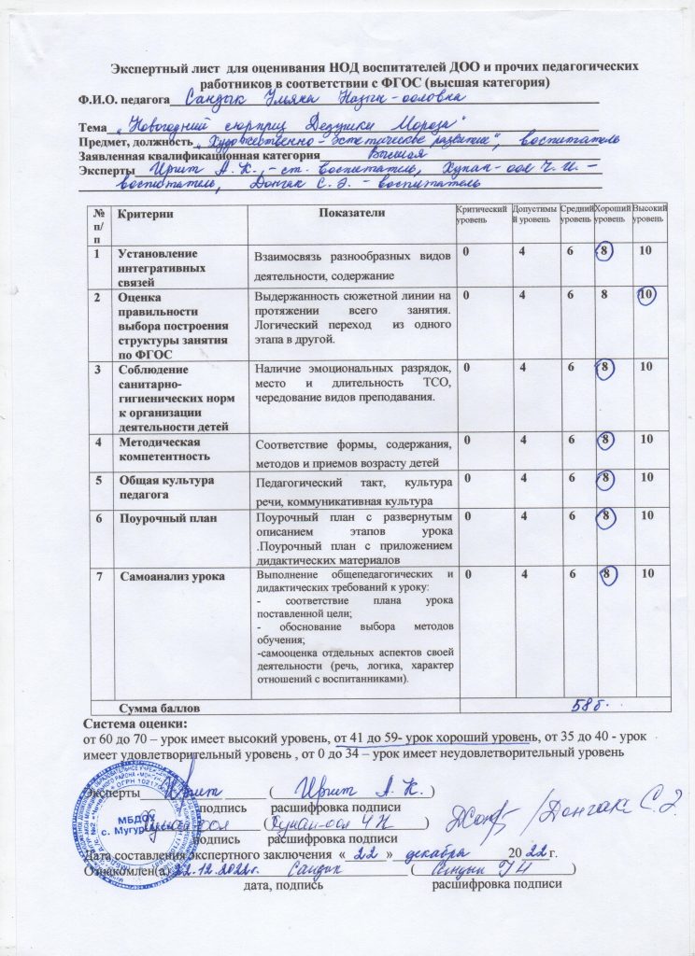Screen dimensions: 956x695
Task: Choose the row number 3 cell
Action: (99, 369)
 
